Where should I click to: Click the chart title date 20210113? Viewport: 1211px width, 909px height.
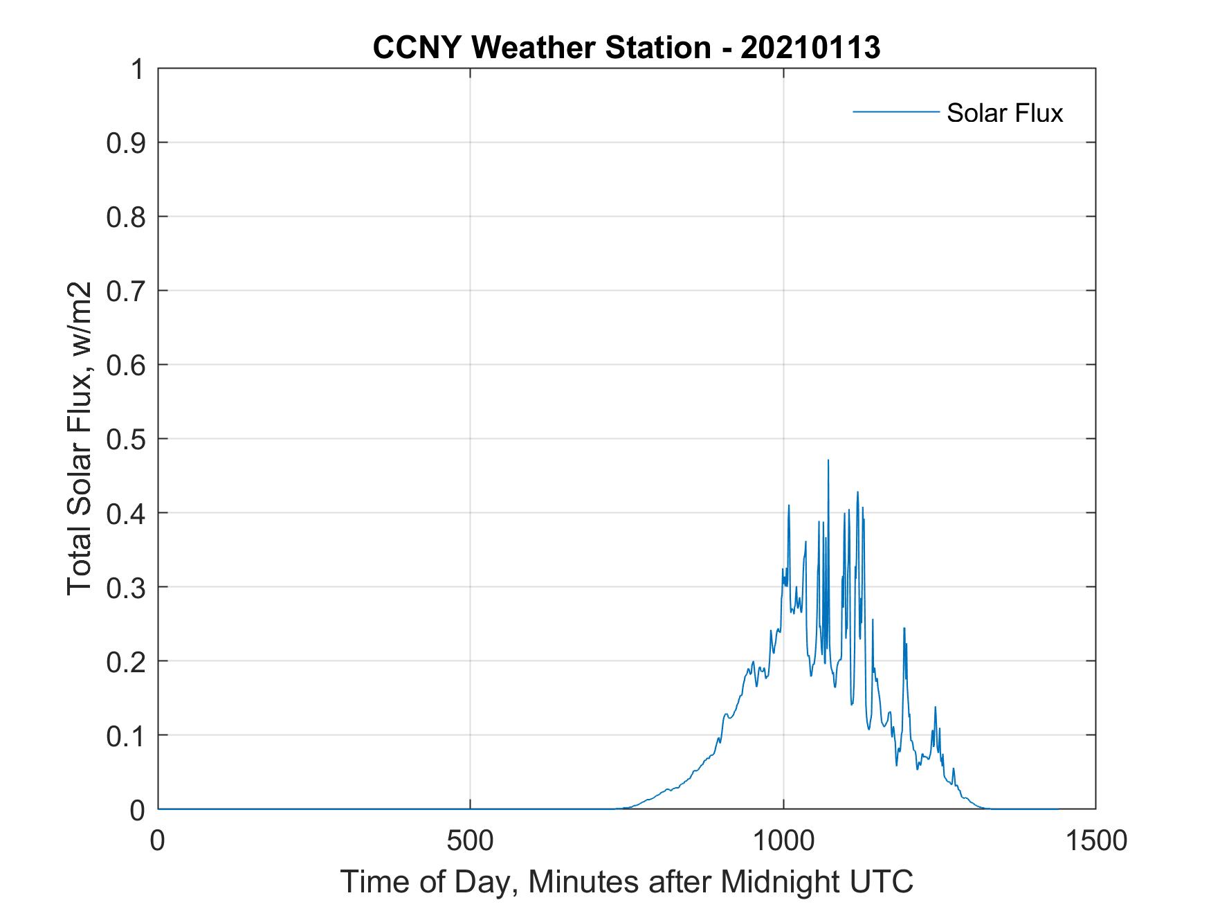pos(810,48)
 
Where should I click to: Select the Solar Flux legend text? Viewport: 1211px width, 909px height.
pos(1004,113)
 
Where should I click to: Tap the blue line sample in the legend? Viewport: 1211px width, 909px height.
pos(895,111)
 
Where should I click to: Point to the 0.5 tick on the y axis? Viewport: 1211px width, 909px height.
pos(127,439)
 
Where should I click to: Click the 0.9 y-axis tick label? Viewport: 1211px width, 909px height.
pos(127,143)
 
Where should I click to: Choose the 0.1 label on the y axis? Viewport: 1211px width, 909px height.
pos(127,735)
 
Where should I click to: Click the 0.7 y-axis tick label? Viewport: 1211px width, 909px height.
pos(127,291)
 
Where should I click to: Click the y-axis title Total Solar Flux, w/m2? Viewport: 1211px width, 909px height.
pos(80,439)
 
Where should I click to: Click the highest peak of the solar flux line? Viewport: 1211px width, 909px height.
pos(828,460)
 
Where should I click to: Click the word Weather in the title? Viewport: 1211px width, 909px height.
pos(542,48)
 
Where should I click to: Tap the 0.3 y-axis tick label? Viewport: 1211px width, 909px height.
pos(127,587)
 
